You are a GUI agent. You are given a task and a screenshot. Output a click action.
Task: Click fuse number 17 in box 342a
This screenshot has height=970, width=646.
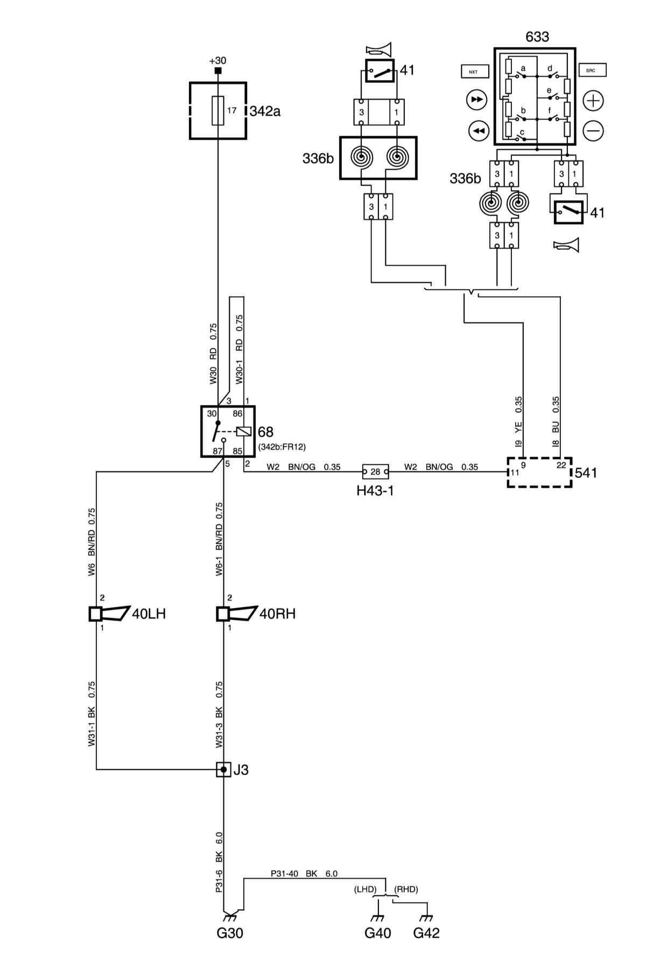218,111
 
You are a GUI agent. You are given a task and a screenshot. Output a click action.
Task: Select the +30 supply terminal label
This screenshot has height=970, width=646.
217,60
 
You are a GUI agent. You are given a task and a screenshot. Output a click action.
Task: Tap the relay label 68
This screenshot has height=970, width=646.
265,432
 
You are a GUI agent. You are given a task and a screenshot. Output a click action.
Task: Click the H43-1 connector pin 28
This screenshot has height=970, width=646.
375,472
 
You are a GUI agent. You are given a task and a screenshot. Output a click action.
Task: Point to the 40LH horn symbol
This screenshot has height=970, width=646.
110,614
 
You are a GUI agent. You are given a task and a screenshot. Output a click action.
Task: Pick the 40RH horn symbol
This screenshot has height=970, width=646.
237,614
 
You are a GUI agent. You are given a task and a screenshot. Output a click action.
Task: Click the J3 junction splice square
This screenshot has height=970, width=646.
223,770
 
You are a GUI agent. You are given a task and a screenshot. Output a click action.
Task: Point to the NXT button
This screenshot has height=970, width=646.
474,71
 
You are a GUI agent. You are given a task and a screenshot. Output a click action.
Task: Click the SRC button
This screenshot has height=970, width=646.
592,71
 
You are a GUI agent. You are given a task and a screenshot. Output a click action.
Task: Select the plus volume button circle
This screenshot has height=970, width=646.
594,100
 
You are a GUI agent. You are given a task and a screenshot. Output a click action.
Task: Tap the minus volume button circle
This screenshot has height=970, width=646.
594,130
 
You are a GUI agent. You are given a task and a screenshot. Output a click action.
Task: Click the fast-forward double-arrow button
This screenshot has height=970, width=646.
476,100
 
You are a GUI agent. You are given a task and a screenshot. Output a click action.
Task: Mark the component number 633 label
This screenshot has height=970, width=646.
537,37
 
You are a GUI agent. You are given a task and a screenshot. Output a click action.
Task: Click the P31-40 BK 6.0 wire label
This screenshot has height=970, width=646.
304,874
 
